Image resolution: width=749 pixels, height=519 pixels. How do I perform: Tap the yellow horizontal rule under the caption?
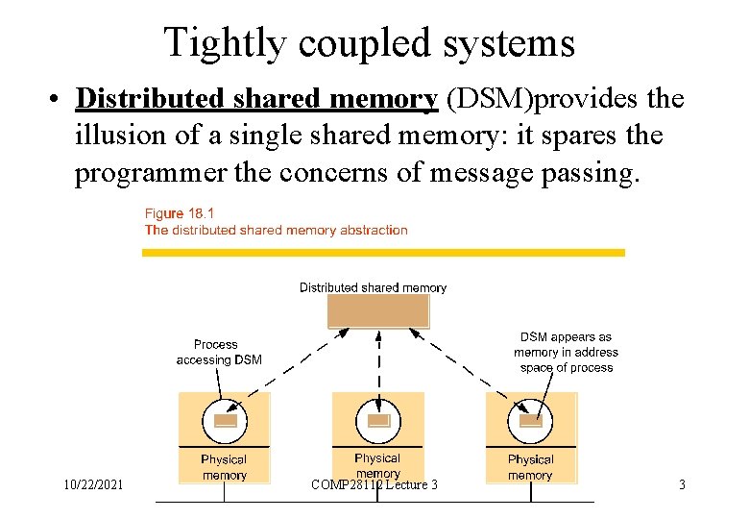click(x=383, y=253)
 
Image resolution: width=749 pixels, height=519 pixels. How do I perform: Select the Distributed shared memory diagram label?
click(x=373, y=287)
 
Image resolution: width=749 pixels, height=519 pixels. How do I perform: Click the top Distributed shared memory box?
click(x=378, y=311)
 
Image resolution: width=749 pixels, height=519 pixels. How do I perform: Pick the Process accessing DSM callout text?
click(x=218, y=352)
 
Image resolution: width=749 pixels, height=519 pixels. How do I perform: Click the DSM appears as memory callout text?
click(x=566, y=352)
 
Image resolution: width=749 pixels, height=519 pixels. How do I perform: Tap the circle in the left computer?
click(x=225, y=421)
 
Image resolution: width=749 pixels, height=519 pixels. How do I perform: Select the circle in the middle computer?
click(x=378, y=421)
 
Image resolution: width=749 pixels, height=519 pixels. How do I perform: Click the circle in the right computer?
click(x=530, y=421)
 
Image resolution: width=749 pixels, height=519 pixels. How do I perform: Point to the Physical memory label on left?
click(x=224, y=467)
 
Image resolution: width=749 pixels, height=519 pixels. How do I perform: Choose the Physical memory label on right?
click(x=530, y=467)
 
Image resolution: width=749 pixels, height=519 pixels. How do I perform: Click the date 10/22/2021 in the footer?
click(x=91, y=485)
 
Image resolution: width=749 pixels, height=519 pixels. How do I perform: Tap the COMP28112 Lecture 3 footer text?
click(x=374, y=485)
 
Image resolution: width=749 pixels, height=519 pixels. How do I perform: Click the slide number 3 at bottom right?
click(x=682, y=485)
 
